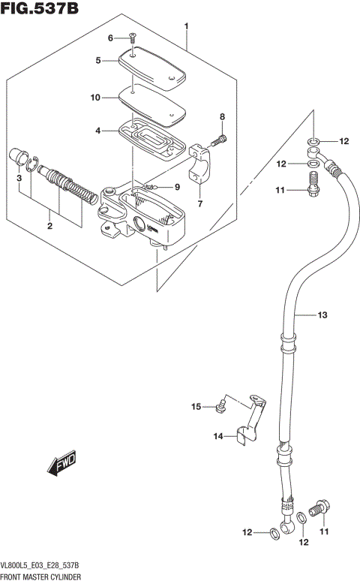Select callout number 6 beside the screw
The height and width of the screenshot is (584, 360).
click(x=110, y=38)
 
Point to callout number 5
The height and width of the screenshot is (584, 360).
click(x=99, y=62)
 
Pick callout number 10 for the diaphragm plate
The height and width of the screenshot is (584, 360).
click(x=96, y=98)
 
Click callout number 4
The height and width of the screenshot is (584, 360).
click(x=98, y=131)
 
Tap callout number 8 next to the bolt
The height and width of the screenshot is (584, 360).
click(x=222, y=116)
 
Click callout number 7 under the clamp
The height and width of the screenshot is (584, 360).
click(x=200, y=203)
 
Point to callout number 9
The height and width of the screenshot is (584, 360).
click(x=178, y=187)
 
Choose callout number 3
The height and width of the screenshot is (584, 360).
click(x=20, y=179)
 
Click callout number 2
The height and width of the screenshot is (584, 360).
click(x=50, y=225)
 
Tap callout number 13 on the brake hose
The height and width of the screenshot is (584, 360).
click(x=322, y=316)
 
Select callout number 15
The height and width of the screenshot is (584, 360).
click(x=196, y=407)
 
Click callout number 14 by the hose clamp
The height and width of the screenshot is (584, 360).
click(x=217, y=436)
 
